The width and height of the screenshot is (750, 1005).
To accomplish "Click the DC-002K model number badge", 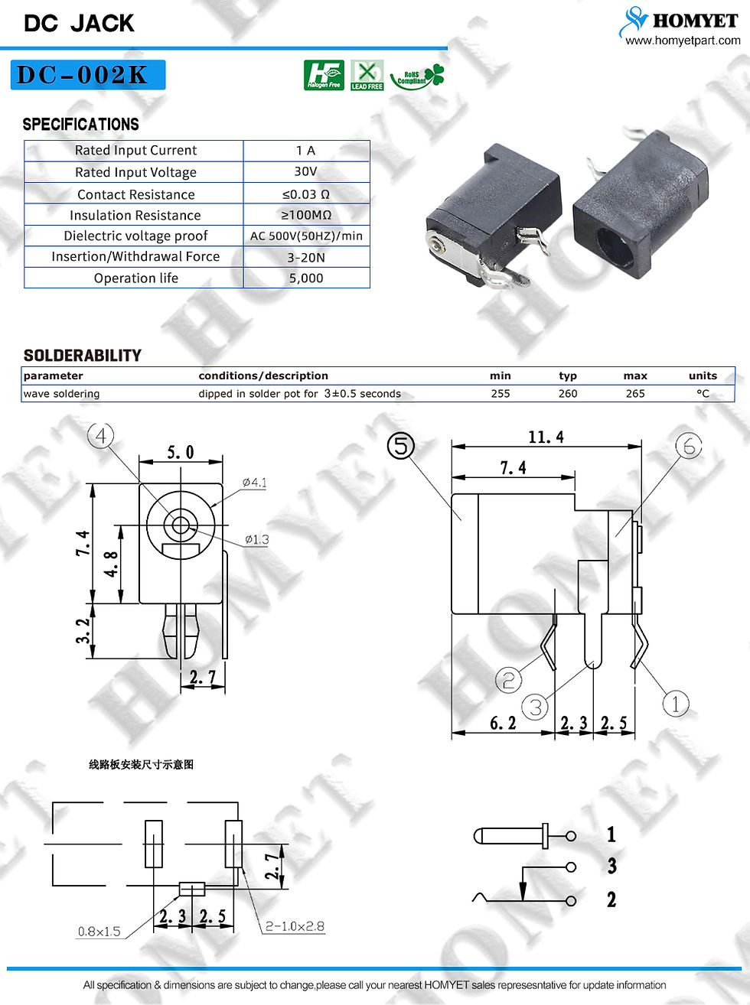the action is [x=88, y=75].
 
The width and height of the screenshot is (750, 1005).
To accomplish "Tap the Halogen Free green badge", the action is [x=324, y=75].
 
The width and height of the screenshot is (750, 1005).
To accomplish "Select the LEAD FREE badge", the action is [x=367, y=75].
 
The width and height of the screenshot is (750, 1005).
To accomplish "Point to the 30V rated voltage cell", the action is [x=305, y=171].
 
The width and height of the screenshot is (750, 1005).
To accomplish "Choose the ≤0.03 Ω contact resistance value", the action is [x=306, y=194].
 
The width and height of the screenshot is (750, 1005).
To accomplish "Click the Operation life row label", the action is [x=136, y=278].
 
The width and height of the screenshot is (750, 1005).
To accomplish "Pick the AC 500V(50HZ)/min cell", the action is [x=306, y=236].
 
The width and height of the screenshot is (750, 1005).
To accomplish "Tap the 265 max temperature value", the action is [x=635, y=394].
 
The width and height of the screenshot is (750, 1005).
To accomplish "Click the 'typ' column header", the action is [x=568, y=376].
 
